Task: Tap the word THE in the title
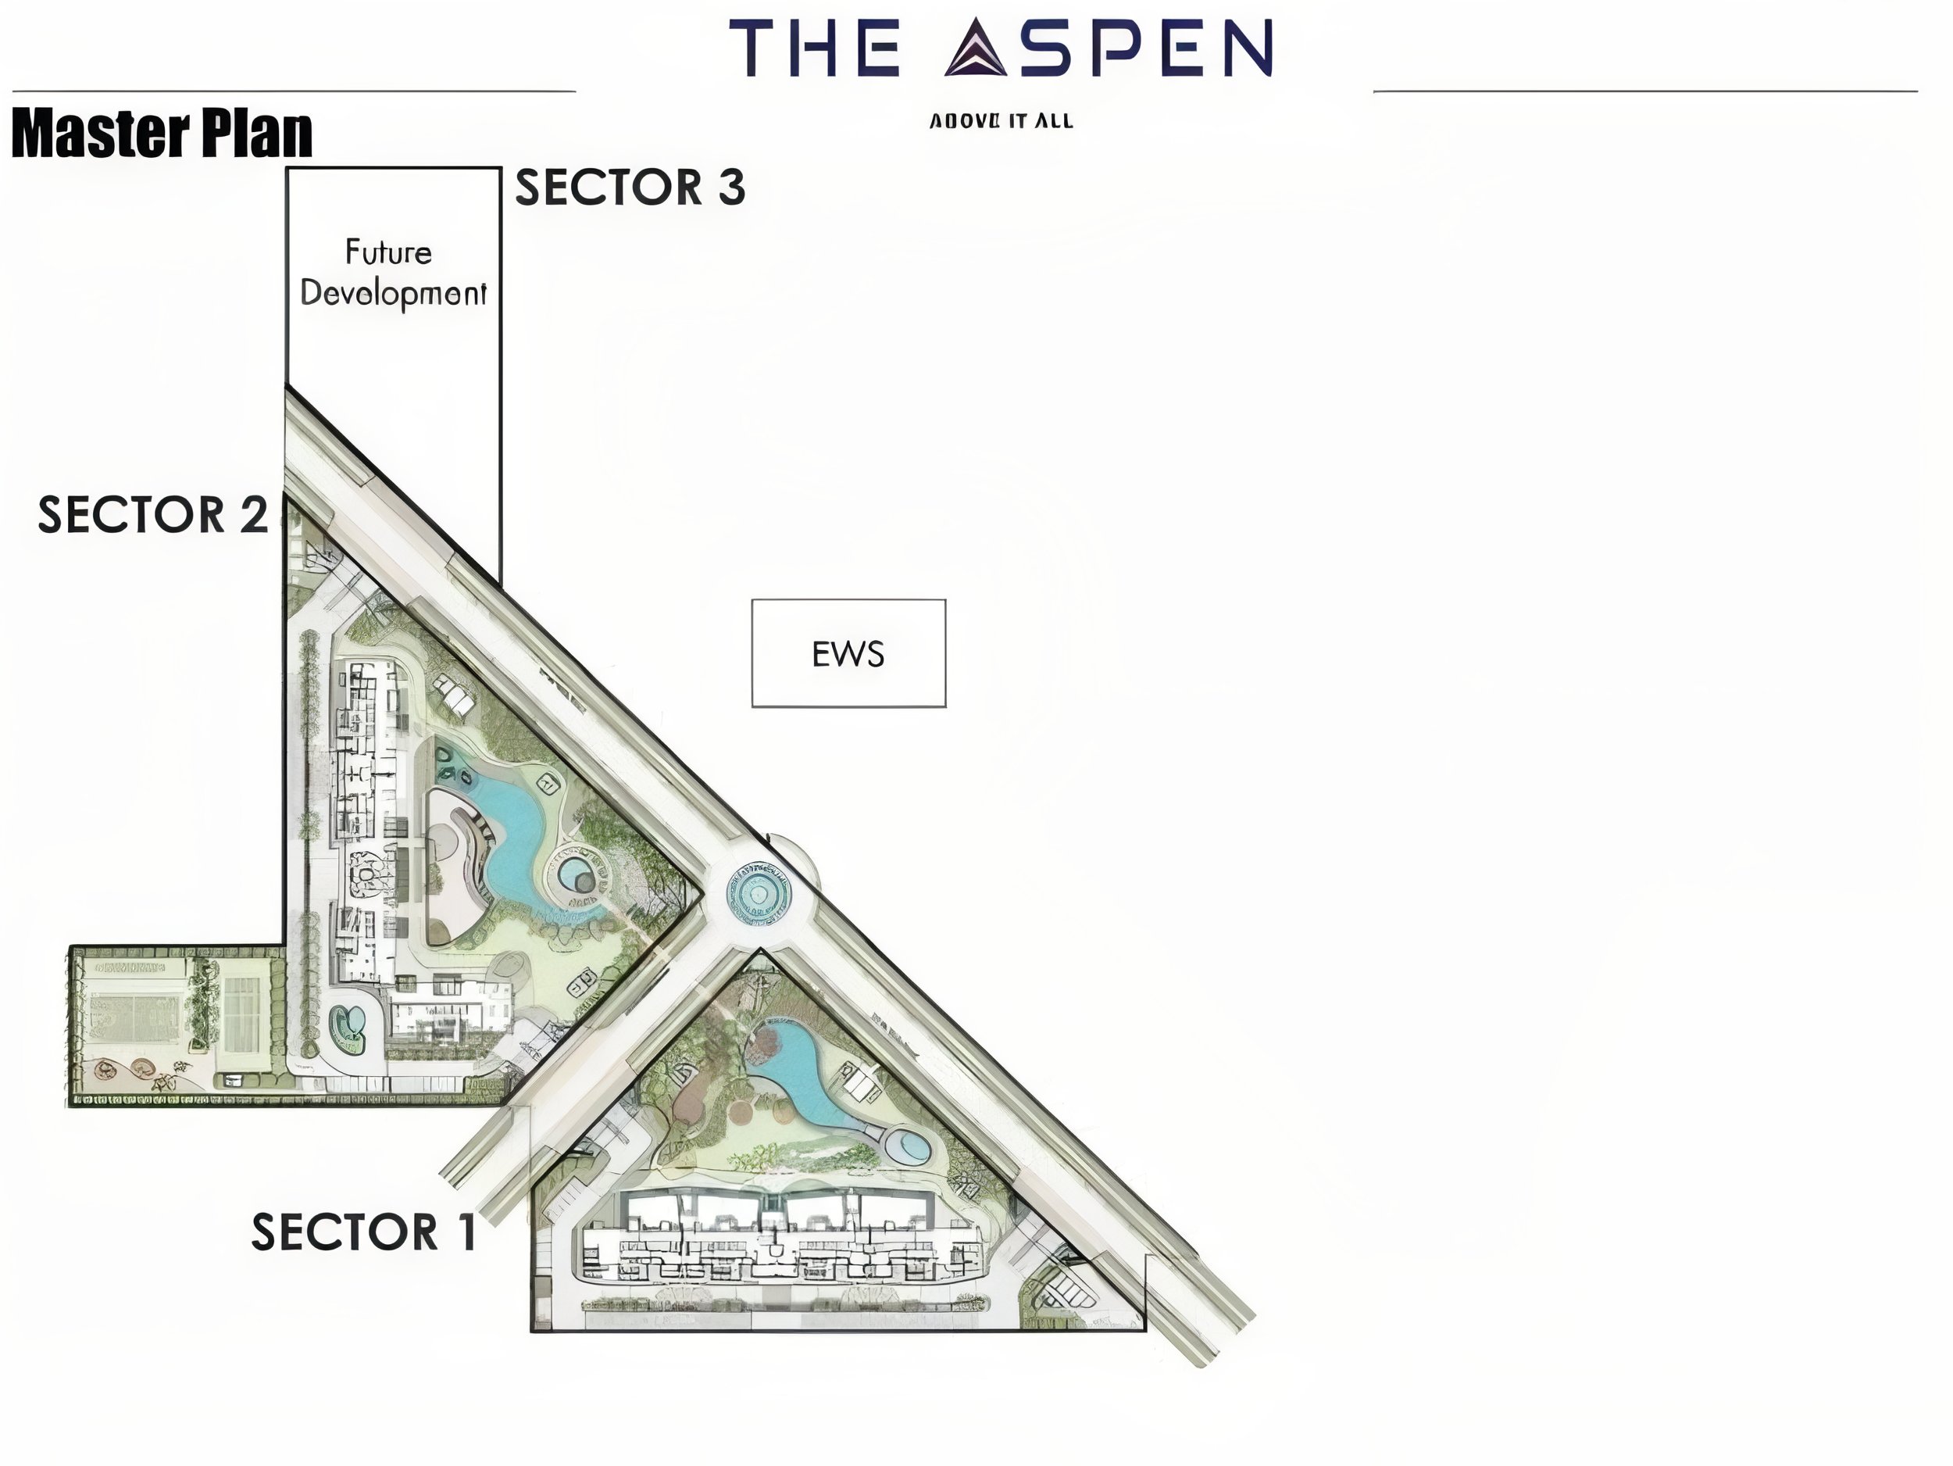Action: pyautogui.click(x=814, y=48)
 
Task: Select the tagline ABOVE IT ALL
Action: pyautogui.click(x=1001, y=121)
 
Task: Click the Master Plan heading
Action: pyautogui.click(x=162, y=134)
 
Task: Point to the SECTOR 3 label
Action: pyautogui.click(x=630, y=188)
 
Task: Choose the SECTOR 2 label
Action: pyautogui.click(x=152, y=514)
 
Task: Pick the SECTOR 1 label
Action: pyautogui.click(x=364, y=1232)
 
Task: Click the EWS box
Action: pyautogui.click(x=848, y=653)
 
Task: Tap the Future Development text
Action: pyautogui.click(x=393, y=274)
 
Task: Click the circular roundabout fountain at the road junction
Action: pyautogui.click(x=757, y=894)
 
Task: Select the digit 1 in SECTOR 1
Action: pyautogui.click(x=466, y=1232)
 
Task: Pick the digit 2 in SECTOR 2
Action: pyautogui.click(x=252, y=514)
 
